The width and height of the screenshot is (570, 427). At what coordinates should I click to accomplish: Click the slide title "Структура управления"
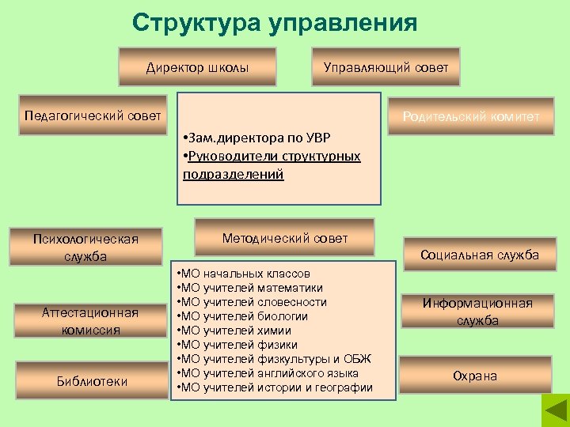275,23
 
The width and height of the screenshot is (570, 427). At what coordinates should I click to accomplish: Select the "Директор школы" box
197,67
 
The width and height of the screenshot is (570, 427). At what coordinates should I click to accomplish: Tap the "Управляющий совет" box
386,67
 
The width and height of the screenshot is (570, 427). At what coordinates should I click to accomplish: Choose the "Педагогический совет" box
93,116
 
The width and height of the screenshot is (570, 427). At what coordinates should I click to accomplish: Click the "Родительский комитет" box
470,117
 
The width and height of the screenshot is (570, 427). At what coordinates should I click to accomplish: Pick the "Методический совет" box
285,238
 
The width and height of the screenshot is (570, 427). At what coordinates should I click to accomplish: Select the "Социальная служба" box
480,255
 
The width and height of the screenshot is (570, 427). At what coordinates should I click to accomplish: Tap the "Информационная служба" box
477,312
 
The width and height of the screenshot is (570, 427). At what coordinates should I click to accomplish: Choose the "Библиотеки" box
92,381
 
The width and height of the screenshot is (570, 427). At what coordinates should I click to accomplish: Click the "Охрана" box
475,376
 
